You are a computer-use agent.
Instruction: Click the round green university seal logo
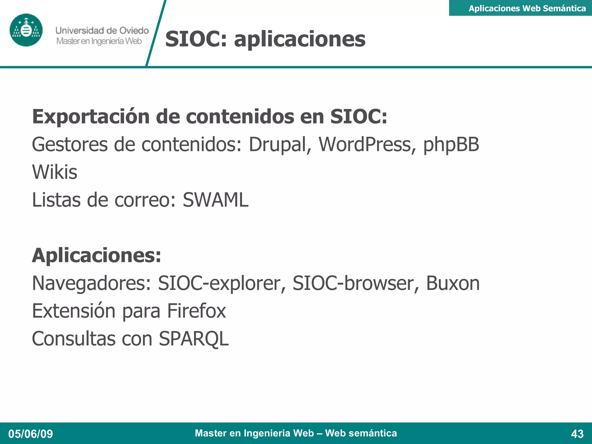26,30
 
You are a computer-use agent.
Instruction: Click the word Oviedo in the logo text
134,30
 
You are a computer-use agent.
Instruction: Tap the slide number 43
577,434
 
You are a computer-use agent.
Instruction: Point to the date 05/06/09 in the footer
31,434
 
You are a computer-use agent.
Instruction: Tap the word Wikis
55,172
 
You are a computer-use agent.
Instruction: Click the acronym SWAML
215,200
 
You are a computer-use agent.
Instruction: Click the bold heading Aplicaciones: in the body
97,256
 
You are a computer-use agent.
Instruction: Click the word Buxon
453,283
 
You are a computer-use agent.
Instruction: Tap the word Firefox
197,311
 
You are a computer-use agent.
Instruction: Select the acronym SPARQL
194,339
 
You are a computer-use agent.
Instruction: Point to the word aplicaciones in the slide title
300,39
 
